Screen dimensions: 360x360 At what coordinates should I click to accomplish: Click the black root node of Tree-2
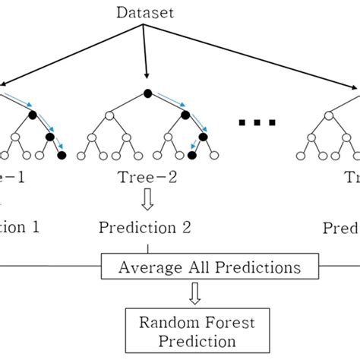147,93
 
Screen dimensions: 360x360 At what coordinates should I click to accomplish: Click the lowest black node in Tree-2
192,156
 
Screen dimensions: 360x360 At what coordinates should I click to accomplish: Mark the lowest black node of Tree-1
62,156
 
